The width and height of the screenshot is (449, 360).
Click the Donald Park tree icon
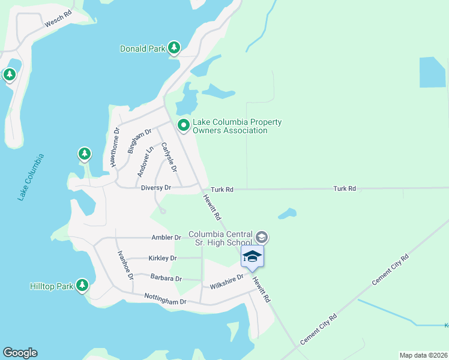click(174, 47)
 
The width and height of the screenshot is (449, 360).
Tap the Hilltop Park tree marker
click(82, 286)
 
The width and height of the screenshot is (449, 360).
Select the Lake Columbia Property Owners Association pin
click(184, 125)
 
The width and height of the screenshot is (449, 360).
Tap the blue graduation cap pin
click(252, 257)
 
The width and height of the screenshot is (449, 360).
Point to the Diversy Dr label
click(156, 188)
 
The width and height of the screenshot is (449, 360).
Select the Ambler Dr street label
click(166, 238)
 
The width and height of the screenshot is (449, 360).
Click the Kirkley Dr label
click(163, 258)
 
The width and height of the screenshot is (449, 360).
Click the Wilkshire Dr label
click(227, 281)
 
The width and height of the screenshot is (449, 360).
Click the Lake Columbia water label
click(31, 177)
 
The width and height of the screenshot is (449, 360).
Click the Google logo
click(20, 352)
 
